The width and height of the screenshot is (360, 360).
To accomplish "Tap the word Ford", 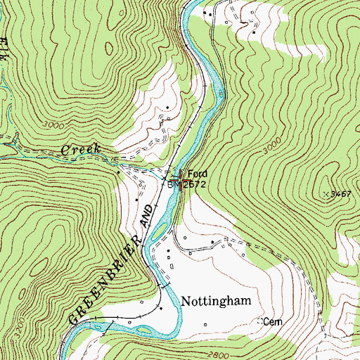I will pos(198,174).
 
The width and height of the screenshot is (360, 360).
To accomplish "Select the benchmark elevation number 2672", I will pos(193,184).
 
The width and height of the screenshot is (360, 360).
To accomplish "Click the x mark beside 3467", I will pos(326,193).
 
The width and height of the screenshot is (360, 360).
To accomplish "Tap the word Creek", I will pos(82,150).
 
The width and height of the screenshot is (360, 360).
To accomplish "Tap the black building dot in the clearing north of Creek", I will pos(167,108).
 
